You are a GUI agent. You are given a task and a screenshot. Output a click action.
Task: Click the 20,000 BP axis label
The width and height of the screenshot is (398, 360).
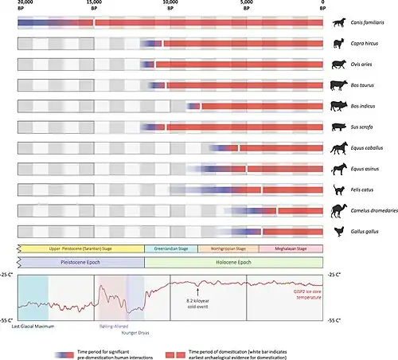click(x=23, y=7)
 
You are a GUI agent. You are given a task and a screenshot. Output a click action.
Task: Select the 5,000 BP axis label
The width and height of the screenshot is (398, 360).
click(x=247, y=7)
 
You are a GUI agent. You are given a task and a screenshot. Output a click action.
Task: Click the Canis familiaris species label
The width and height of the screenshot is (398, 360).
click(x=370, y=23)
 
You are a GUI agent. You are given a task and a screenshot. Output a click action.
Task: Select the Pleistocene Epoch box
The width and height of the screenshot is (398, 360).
click(x=80, y=260)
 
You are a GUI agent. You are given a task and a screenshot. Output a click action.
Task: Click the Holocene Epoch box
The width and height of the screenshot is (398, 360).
click(x=233, y=260)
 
